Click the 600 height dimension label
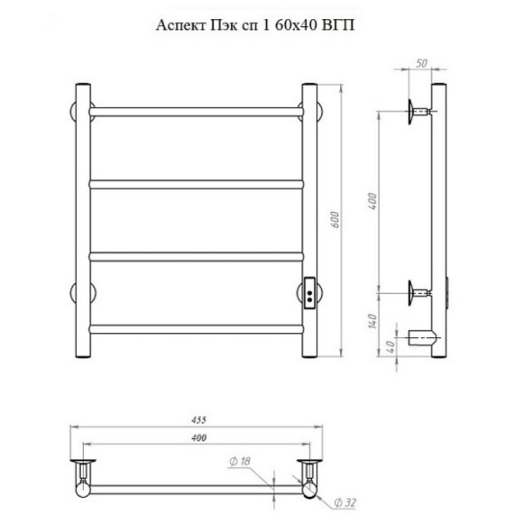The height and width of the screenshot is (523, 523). point(335,219)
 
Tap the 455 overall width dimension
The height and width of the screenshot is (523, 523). point(198,420)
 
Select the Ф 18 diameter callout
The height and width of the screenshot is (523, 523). point(240,462)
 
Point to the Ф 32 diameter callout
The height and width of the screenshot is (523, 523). point(344,502)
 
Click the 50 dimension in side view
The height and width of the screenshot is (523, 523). point(422,63)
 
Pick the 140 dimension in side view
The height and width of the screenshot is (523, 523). point(372,321)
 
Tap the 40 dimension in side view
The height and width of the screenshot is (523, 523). point(392,346)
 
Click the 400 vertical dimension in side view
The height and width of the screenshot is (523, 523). point(372,201)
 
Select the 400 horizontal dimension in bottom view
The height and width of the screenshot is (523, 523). point(198,437)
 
